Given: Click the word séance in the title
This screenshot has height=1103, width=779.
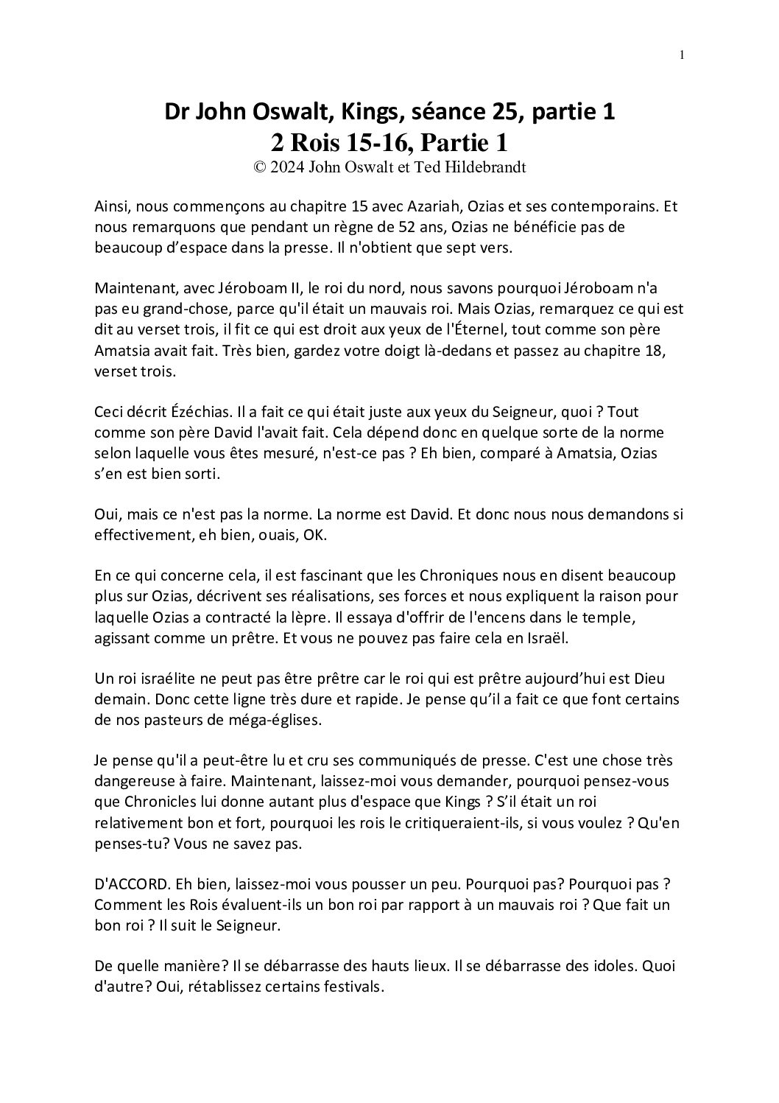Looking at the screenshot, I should (x=423, y=112).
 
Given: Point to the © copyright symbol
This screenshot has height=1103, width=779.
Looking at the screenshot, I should (x=259, y=167).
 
